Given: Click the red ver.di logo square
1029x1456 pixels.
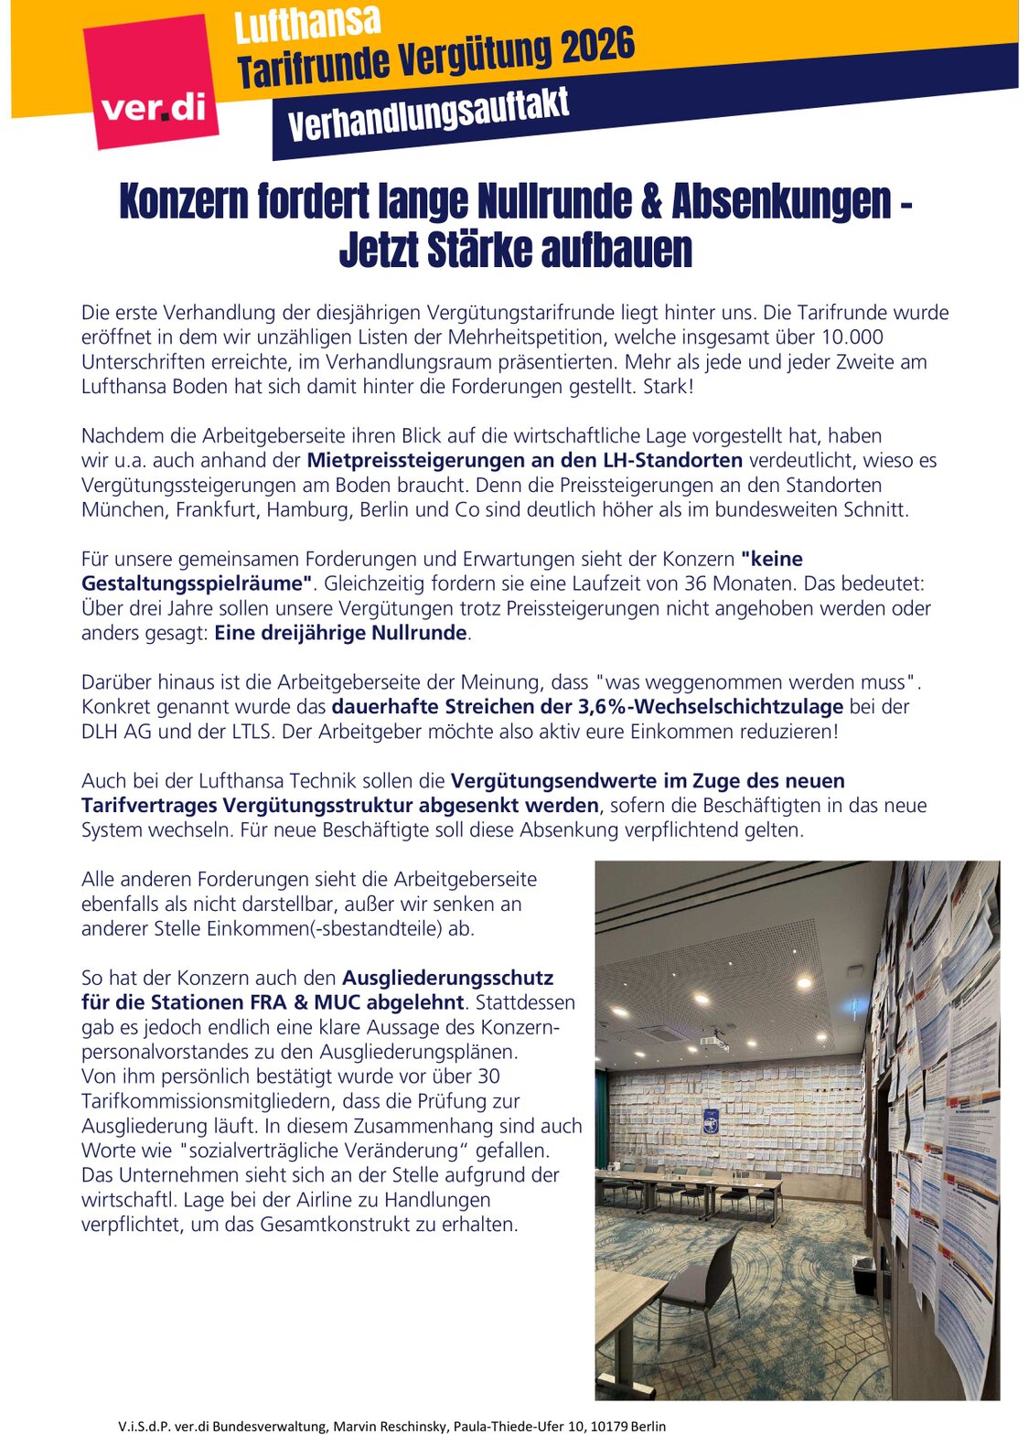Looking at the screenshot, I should pos(151,82).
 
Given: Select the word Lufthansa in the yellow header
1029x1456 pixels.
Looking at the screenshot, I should pos(307,23).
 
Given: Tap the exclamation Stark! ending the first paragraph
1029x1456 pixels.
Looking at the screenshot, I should pos(667,387).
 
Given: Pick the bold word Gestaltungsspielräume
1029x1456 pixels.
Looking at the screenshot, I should pos(191,584).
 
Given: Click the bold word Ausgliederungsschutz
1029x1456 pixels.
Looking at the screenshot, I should pos(447,979).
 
